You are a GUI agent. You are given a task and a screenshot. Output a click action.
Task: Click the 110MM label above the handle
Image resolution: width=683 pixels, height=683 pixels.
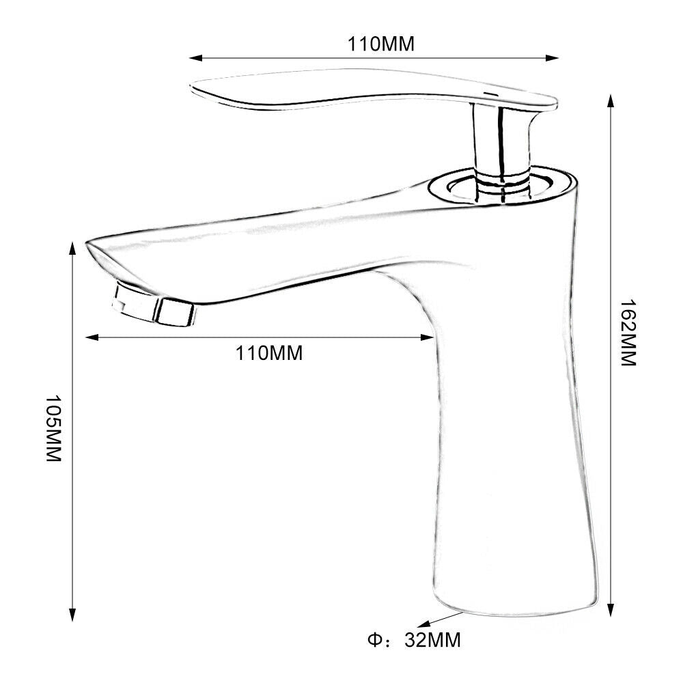380,44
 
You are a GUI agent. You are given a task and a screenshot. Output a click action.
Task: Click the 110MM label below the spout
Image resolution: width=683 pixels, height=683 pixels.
268,353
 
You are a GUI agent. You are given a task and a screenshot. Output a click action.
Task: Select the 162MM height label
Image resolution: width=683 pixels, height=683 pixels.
628,333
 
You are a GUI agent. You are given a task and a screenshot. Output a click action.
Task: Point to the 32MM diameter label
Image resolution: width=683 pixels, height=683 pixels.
432,640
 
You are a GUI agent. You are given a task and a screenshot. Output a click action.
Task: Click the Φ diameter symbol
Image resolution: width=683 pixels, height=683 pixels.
374,640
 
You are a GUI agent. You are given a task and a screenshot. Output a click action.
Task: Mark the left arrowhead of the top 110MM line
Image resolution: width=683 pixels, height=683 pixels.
195,57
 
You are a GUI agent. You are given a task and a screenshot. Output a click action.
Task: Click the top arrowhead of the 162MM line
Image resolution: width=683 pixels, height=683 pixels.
611,102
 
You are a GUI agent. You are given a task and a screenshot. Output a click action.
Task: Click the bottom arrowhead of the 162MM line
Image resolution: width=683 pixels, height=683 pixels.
611,610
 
